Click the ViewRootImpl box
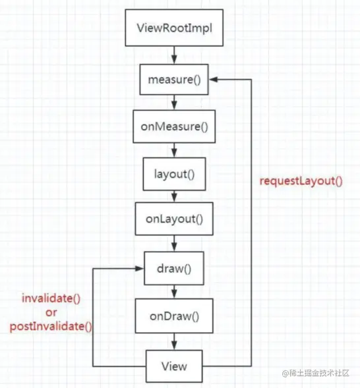(x=174, y=28)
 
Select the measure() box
(x=174, y=80)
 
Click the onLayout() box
(x=174, y=218)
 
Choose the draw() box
(x=174, y=269)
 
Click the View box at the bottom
(x=174, y=366)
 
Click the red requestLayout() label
(x=301, y=180)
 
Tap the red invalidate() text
(x=49, y=298)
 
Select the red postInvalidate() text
(x=49, y=325)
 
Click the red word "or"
(x=49, y=312)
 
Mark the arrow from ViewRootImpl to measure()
(x=174, y=55)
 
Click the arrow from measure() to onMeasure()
(x=174, y=102)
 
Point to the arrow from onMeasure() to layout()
(x=174, y=150)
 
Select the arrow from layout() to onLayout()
(x=174, y=196)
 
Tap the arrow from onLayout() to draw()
(x=174, y=244)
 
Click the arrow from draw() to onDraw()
(x=174, y=292)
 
